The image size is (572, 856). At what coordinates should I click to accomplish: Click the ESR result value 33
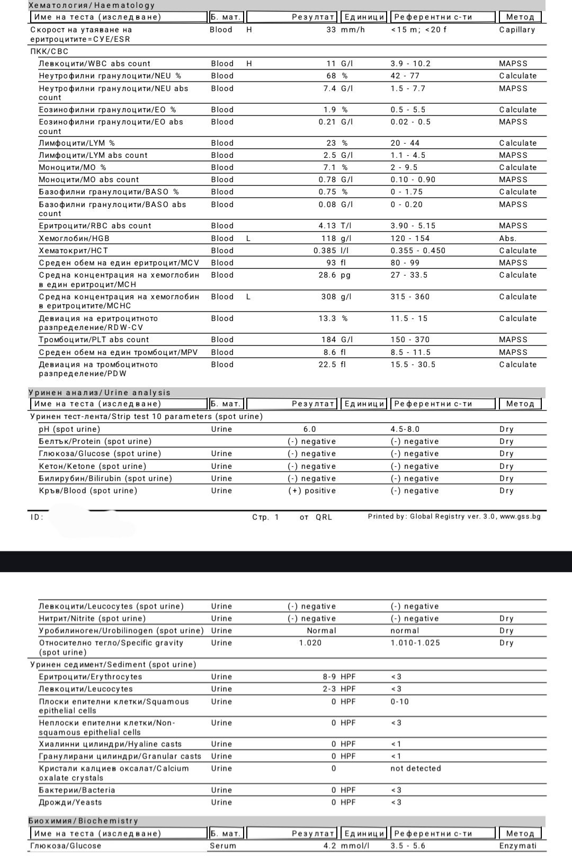pos(331,30)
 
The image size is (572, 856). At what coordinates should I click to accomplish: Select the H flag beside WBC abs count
pos(249,64)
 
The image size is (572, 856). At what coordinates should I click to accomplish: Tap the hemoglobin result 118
pos(328,238)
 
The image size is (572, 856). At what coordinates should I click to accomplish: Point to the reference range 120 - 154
pos(410,238)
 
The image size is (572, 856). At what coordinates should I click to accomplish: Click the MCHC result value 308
pos(328,297)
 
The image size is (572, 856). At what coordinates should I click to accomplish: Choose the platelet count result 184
pos(328,340)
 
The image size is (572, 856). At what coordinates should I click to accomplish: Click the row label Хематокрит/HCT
pos(74,251)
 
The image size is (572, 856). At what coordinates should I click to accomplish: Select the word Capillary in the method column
pos(517,30)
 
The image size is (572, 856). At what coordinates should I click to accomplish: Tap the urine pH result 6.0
pos(310,429)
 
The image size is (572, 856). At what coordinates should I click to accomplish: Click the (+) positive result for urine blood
pos(312,491)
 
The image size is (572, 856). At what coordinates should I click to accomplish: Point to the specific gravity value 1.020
pos(310,643)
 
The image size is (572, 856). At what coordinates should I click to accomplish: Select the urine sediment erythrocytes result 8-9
pos(329,676)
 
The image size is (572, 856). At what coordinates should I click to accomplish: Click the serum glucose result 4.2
pos(329,846)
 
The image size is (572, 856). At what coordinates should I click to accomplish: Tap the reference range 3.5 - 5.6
pos(408,846)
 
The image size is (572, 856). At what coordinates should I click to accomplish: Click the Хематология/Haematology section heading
pos(92,5)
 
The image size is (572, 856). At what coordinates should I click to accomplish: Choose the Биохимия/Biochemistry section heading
pos(83,821)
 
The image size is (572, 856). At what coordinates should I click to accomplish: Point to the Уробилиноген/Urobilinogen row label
pos(121,630)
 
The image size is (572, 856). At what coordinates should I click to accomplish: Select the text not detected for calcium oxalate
pos(415,768)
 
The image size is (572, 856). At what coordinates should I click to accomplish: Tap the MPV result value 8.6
pos(329,352)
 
